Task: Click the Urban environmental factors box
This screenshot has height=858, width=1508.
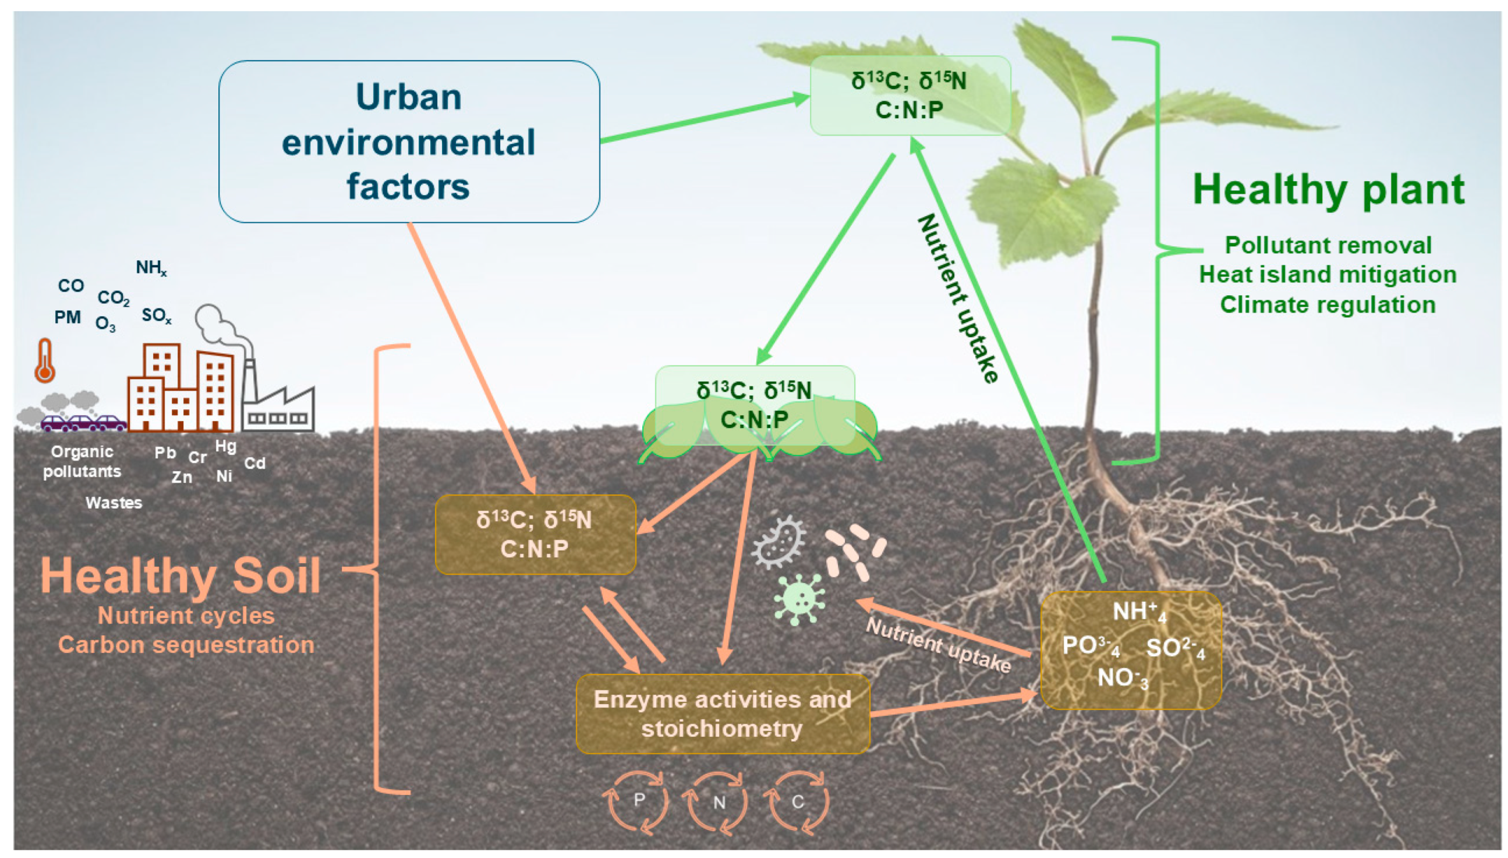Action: (409, 141)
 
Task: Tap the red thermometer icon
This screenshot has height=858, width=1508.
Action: (45, 361)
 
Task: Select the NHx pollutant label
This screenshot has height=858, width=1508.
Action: (151, 268)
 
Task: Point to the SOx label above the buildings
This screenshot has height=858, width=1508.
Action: (156, 316)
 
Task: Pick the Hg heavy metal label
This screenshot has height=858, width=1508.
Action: (225, 446)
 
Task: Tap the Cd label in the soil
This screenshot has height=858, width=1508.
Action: (254, 463)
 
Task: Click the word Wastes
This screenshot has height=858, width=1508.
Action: (114, 503)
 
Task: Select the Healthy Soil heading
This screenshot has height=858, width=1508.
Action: (180, 575)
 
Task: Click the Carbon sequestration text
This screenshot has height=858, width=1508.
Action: (186, 645)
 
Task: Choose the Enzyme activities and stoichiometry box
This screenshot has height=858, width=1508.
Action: (723, 714)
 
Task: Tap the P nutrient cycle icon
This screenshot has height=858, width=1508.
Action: (636, 802)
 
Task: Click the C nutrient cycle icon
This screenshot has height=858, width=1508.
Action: (797, 802)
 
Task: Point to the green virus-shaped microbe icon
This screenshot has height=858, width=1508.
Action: (798, 599)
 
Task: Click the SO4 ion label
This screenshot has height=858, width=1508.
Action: (1174, 648)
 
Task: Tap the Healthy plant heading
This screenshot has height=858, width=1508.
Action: (1328, 190)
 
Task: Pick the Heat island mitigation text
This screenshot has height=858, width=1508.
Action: (1328, 275)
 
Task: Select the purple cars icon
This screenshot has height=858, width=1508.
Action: (83, 422)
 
